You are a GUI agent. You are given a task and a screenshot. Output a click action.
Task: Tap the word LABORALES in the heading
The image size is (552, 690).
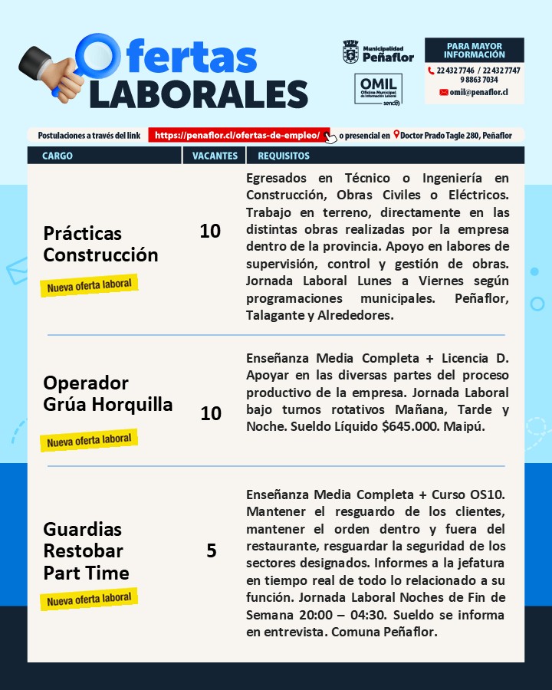[x=199, y=93]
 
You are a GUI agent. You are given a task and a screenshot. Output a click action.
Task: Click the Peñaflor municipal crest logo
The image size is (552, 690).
[x=350, y=52]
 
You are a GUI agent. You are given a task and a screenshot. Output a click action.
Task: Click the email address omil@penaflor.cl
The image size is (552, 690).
[x=479, y=92]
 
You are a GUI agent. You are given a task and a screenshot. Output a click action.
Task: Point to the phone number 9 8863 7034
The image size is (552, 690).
[x=479, y=80]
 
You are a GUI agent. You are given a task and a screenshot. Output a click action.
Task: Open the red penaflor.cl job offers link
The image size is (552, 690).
[x=238, y=135]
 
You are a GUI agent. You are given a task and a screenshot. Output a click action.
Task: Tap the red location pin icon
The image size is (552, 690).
[x=396, y=135]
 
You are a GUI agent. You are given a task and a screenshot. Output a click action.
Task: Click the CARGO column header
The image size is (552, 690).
[x=58, y=156]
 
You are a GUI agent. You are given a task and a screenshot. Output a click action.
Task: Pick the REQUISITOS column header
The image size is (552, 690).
[x=284, y=156]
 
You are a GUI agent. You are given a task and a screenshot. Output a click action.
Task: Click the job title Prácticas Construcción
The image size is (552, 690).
[x=100, y=244]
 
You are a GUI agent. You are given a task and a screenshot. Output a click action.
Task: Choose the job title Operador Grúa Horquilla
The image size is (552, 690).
[x=107, y=393]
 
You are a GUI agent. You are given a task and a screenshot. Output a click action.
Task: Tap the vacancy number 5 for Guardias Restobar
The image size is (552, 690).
[x=212, y=550]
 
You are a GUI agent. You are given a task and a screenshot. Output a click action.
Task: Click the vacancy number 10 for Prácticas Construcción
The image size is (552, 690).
[x=210, y=231]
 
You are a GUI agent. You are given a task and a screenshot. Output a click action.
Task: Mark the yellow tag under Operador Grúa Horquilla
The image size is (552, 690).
[x=89, y=440]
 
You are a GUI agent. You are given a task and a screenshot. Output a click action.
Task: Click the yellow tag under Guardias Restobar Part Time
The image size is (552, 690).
[x=89, y=599]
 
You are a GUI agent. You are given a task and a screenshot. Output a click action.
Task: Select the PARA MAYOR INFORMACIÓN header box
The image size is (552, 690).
[x=474, y=51]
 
